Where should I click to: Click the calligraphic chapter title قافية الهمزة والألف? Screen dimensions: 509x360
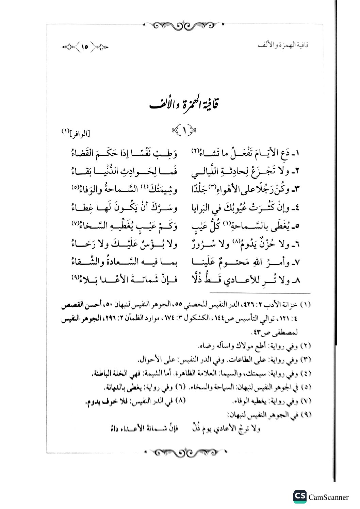184,104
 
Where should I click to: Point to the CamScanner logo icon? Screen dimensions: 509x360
299,497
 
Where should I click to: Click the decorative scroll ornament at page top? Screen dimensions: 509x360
184,25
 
